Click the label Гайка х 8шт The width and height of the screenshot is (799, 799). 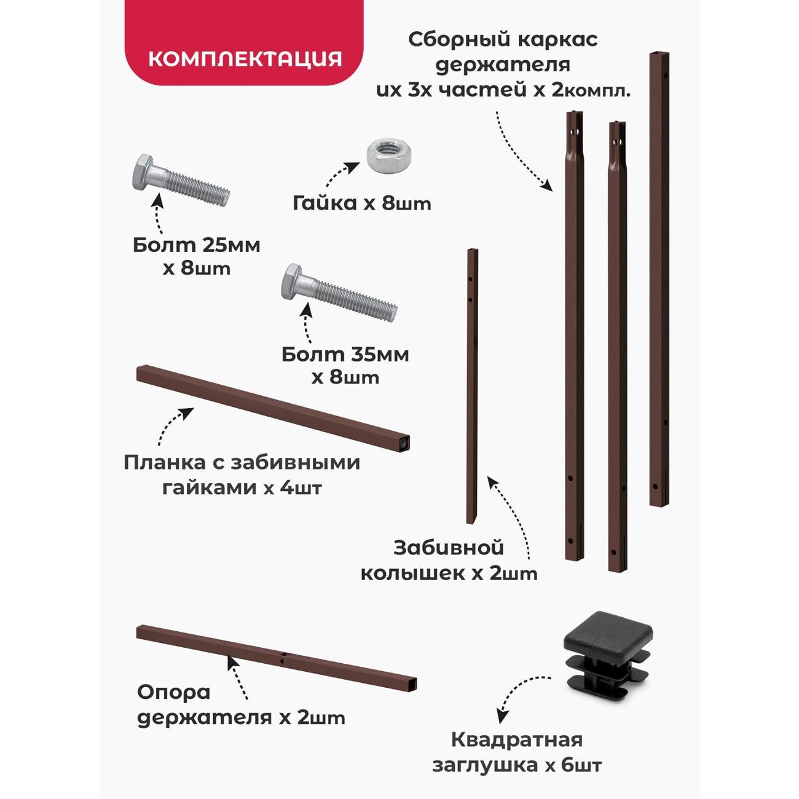pos(361,203)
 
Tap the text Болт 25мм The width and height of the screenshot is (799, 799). pos(197,245)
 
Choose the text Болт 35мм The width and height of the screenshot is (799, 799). pos(345,355)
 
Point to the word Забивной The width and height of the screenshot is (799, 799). pos(449,548)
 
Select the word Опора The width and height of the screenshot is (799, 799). pos(174,692)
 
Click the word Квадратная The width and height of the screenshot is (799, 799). pos(517,740)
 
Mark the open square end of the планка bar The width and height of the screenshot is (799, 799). pos(403,443)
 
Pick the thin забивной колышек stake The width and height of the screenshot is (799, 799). pos(472,385)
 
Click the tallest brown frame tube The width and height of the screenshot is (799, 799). pos(659,278)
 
